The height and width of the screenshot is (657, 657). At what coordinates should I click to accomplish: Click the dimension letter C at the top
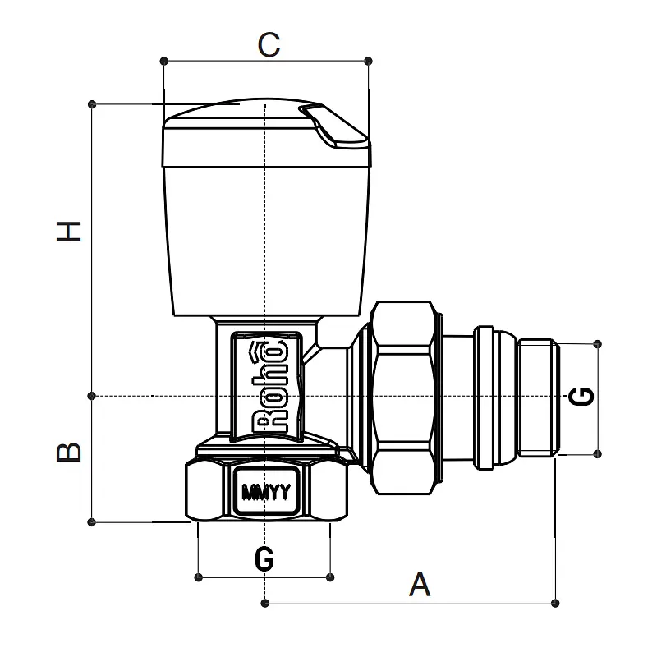tap(269, 44)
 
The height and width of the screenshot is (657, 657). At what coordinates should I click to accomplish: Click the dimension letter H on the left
tap(69, 232)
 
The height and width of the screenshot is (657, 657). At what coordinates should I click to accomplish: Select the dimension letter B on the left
tap(69, 452)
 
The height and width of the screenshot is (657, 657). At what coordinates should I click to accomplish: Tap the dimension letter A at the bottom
tap(420, 584)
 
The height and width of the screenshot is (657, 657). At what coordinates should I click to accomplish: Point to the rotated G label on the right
tap(581, 397)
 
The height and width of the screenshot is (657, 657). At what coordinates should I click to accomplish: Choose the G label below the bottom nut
tap(264, 558)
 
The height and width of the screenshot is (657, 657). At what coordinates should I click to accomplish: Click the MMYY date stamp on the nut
tap(266, 492)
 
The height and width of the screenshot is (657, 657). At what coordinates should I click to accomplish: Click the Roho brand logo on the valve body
tap(269, 387)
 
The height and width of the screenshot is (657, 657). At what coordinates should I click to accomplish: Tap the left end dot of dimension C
tap(163, 61)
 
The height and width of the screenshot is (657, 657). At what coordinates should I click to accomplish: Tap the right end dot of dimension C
tap(368, 61)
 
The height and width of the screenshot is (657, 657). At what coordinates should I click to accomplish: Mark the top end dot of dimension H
tap(92, 104)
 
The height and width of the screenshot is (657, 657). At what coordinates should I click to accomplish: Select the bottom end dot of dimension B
tap(91, 522)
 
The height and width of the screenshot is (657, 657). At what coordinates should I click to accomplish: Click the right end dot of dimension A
tap(555, 604)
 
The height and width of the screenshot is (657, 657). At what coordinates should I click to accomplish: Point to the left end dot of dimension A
tap(264, 604)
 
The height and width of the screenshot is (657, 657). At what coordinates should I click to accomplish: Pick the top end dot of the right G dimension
tap(598, 344)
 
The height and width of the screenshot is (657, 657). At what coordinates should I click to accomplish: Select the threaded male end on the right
tap(539, 397)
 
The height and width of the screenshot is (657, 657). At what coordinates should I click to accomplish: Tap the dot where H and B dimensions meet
tap(92, 396)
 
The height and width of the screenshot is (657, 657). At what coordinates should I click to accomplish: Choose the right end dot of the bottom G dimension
tap(330, 577)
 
